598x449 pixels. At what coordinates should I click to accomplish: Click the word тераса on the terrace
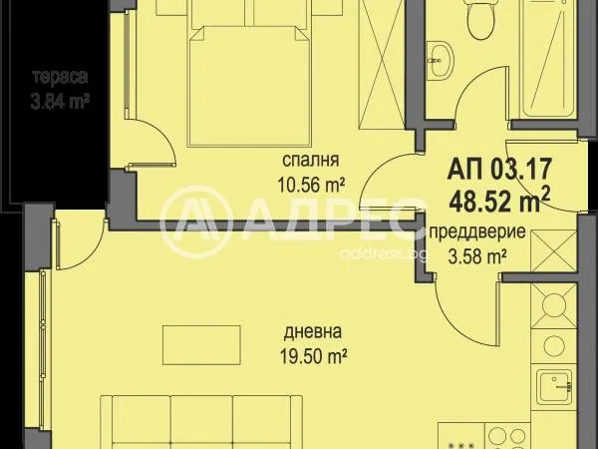click(60, 77)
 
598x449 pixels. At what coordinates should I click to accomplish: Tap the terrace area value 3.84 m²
click(60, 103)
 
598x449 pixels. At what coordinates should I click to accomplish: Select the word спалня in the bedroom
click(310, 161)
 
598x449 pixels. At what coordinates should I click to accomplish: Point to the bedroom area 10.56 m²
click(312, 186)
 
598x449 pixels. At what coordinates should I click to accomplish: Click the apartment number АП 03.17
click(500, 169)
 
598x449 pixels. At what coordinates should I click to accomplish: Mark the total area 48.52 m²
click(500, 201)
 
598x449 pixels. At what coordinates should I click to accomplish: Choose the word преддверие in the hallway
click(477, 231)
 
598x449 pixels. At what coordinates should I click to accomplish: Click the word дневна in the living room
click(313, 332)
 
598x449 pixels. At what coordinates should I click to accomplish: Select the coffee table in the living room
click(201, 345)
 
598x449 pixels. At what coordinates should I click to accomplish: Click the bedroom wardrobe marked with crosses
click(382, 64)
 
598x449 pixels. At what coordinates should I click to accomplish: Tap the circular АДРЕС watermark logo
click(196, 223)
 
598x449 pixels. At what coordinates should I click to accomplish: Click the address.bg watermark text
click(383, 253)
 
